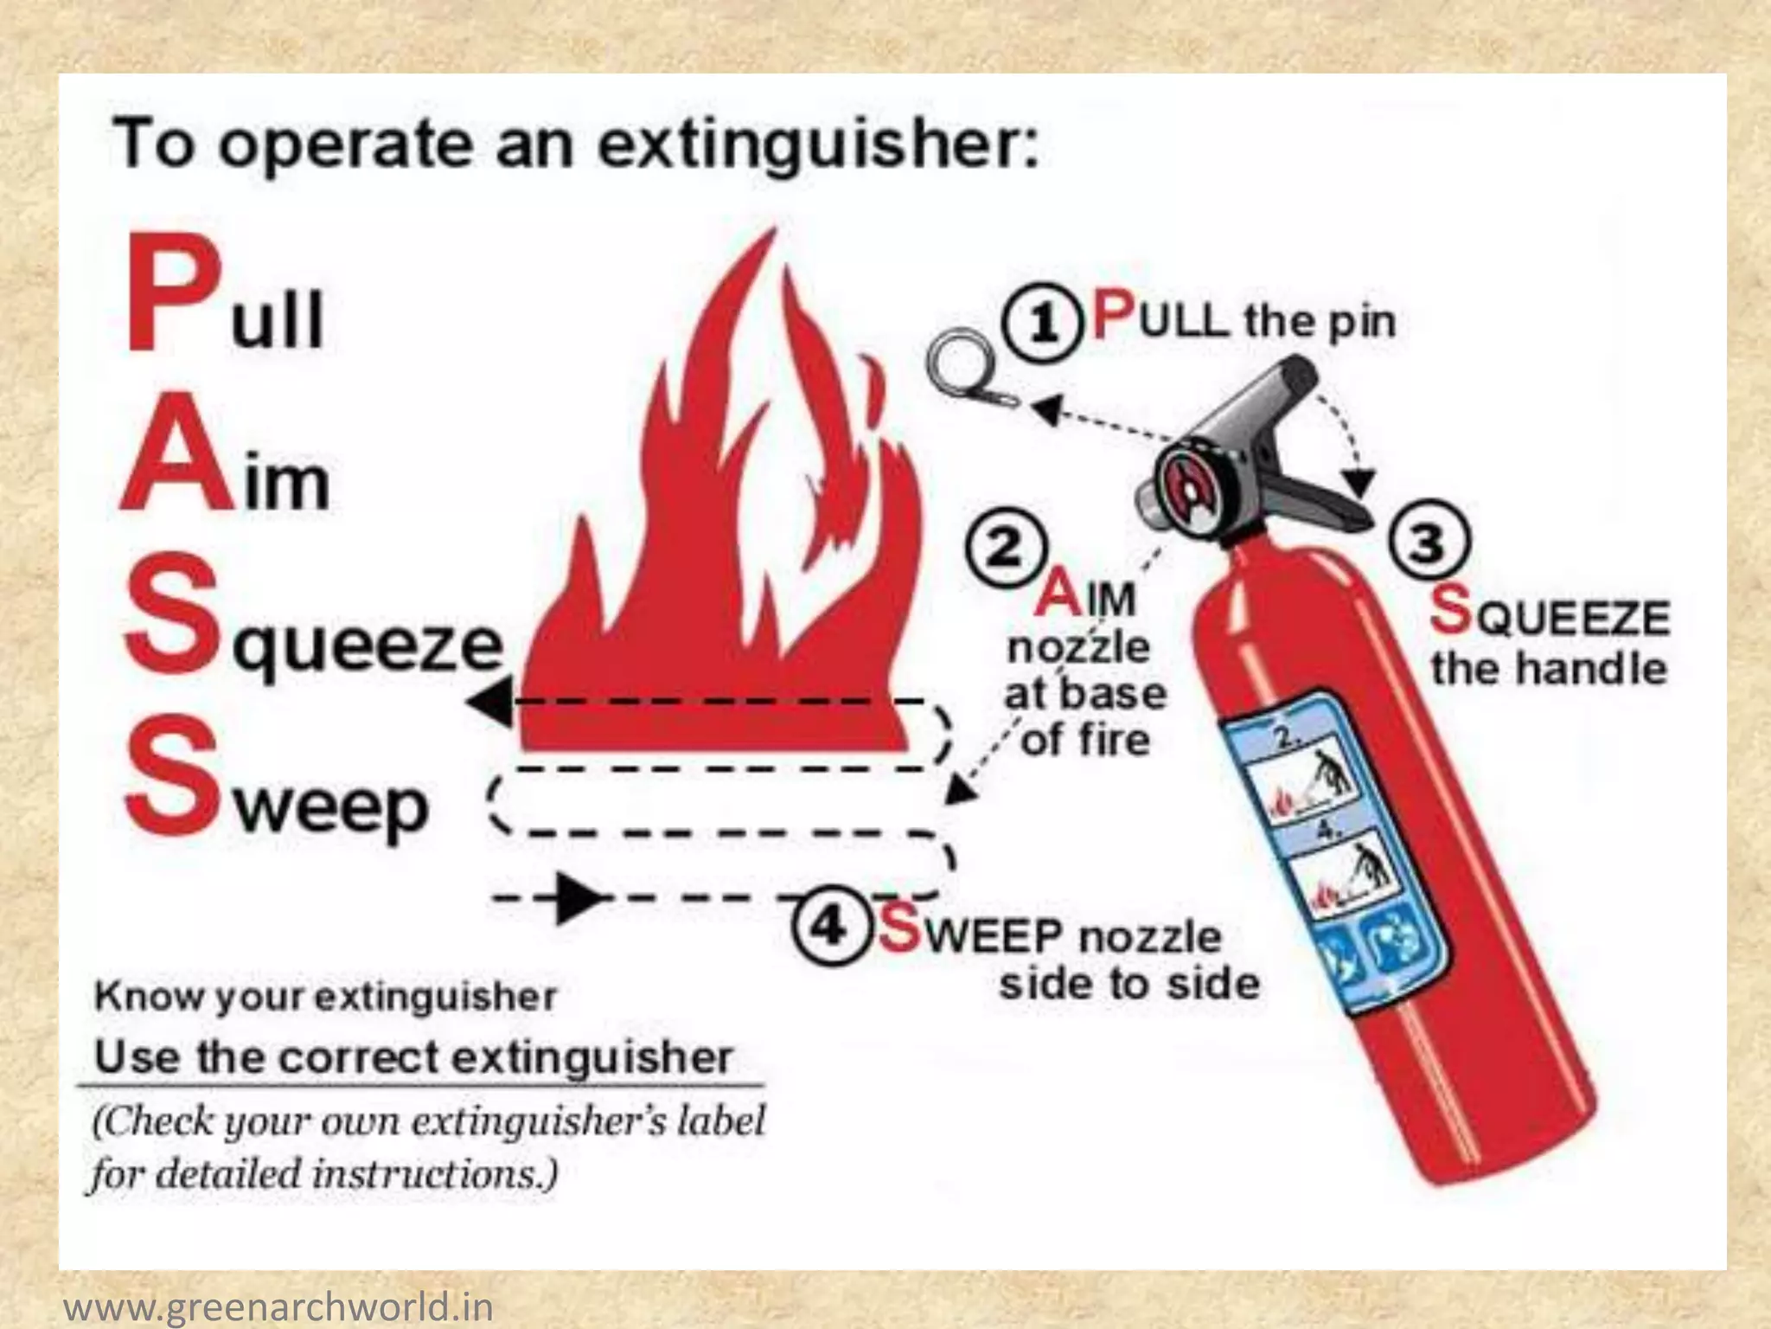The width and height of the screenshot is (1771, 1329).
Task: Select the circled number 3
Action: tap(1429, 542)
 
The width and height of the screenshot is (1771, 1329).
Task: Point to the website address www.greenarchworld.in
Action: tap(278, 1306)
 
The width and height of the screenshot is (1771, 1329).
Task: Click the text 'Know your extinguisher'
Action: tap(325, 997)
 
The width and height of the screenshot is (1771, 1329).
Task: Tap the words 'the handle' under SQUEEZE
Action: tap(1548, 669)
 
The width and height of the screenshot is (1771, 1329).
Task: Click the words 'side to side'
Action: tap(1128, 984)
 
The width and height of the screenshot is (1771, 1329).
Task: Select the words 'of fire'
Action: tap(1086, 740)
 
